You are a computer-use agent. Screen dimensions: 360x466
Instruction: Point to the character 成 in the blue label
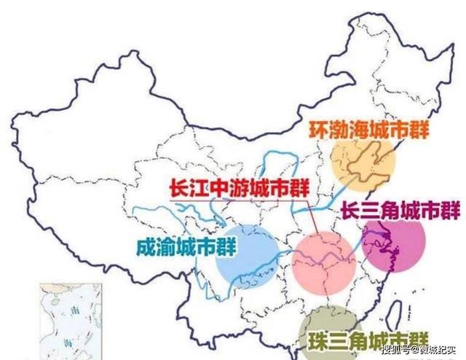[146, 246]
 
